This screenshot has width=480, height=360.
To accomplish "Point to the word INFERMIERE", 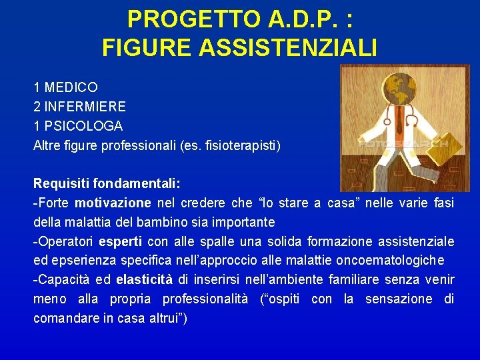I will point(85,107).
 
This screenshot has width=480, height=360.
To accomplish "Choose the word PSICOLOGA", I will point(83,126).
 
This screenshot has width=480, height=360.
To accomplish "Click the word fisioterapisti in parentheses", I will point(241,145).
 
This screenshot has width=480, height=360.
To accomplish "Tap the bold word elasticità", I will point(145,279).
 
